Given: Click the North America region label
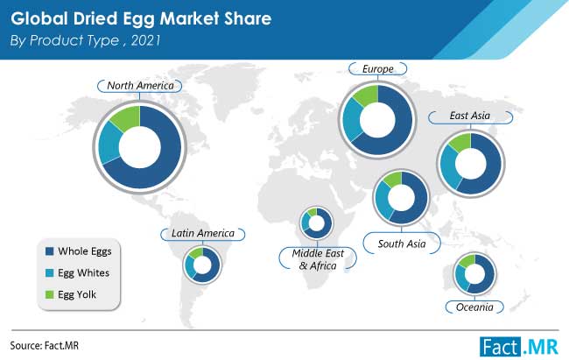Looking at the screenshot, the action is coord(140,86).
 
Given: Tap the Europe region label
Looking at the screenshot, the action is coord(378,69).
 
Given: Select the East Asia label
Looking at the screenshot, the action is coord(470,116).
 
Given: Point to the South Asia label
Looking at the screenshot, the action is coord(402,244).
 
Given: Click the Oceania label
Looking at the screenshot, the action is coord(474,307).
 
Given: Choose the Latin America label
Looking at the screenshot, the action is coord(203,233).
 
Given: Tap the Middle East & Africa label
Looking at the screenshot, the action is coord(318,259).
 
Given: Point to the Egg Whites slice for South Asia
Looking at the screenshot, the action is coord(383,199).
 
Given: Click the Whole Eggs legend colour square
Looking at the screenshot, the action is coord(49,251).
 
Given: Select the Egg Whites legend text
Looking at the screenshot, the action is coord(83,272).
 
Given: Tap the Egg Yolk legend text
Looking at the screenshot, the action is coord(77,294).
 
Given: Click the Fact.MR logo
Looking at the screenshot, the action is coord(519,347).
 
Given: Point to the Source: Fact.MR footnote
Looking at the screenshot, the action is coord(45,345).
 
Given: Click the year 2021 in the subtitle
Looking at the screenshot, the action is coord(145,40).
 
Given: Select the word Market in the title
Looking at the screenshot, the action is coord(189,19).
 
